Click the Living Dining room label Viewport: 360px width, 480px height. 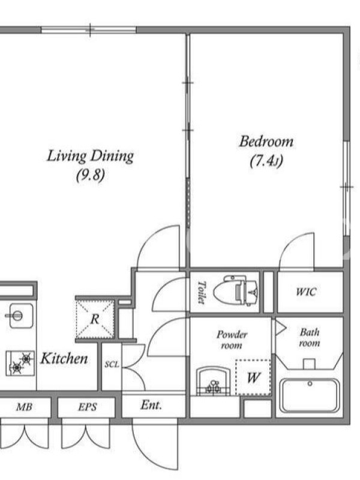click(x=91, y=155)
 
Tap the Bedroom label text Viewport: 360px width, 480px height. click(x=266, y=142)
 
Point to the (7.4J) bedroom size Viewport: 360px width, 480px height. click(x=266, y=161)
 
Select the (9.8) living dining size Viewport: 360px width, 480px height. click(x=91, y=175)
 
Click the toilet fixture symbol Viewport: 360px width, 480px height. click(x=235, y=290)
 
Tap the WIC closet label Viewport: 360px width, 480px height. click(x=306, y=292)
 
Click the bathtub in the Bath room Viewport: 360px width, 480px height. click(x=310, y=395)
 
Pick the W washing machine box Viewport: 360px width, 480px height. click(x=253, y=377)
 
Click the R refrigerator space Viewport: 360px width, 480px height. click(x=95, y=319)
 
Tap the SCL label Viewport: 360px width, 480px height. click(x=112, y=364)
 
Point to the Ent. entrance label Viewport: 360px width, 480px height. click(x=151, y=405)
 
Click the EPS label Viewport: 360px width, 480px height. click(x=87, y=407)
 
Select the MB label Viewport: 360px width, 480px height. click(x=24, y=407)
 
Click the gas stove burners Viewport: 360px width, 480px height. click(x=20, y=363)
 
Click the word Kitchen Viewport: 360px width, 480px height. click(x=64, y=358)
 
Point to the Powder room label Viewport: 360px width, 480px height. click(x=232, y=340)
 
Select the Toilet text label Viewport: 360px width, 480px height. click(x=201, y=293)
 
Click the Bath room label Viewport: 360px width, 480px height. click(x=310, y=338)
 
